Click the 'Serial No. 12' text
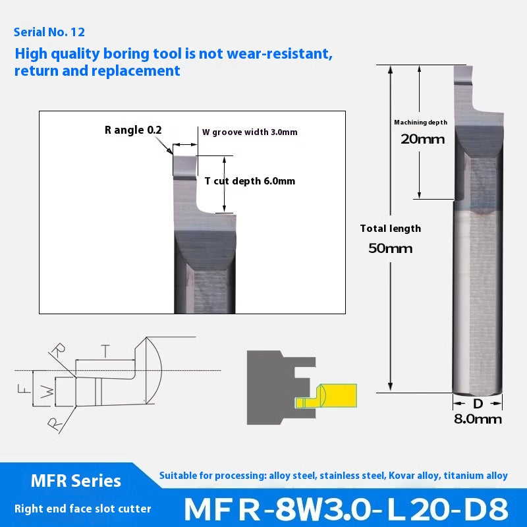49,32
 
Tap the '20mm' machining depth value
422,139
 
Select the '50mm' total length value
391,248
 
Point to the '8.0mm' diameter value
478,419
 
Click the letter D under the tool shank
478,402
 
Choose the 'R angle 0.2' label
132,130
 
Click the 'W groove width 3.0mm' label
250,132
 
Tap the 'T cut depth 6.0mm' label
250,181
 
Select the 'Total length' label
390,229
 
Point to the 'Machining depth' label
420,123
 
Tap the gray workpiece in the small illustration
267,389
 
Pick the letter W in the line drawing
45,392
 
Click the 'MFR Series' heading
76,481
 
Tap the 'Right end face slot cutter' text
83,508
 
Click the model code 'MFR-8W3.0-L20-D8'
346,509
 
